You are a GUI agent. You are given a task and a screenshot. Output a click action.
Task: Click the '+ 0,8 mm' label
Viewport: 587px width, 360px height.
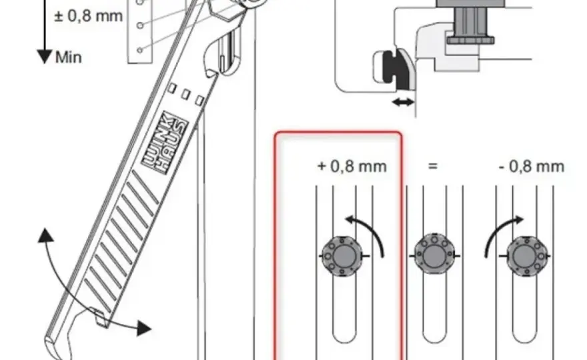pos(352,167)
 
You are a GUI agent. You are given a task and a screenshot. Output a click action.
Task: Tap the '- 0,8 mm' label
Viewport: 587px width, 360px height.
pos(532,167)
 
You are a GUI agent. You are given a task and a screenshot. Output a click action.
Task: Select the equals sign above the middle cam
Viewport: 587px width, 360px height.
pos(433,165)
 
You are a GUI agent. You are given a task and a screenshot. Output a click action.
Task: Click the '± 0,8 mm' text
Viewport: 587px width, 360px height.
pos(88,16)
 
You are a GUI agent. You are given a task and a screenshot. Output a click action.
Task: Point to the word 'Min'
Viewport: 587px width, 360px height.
pos(69,57)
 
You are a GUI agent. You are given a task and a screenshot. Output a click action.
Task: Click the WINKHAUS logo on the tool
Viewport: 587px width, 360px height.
pos(165,143)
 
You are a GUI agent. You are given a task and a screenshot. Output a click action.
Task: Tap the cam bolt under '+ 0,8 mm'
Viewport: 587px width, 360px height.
pos(342,256)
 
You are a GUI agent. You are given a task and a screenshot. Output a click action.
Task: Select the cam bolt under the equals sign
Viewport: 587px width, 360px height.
pos(434,256)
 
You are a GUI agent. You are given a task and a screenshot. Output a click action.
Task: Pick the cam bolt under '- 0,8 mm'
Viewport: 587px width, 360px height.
pos(526,256)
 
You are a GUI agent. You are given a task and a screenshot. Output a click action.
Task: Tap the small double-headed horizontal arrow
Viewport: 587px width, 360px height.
pos(403,102)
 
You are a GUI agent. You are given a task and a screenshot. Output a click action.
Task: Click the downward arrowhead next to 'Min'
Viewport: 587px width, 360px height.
pos(45,57)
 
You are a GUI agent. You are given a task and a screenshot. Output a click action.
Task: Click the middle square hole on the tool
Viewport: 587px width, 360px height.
pos(185,94)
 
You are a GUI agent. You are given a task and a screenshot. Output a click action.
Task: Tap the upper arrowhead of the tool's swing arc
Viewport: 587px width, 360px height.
pos(46,235)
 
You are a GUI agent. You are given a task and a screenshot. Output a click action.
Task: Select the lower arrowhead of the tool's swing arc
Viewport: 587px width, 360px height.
pos(144,328)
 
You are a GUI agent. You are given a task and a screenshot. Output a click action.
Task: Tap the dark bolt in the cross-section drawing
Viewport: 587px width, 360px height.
pos(470,23)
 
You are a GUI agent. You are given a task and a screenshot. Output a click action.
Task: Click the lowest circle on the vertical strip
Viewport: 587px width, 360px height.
pos(139,50)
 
